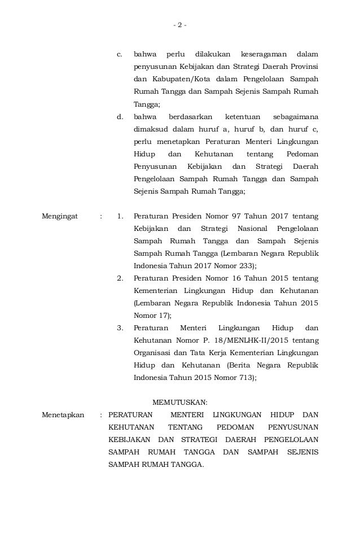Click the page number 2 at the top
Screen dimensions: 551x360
(179, 25)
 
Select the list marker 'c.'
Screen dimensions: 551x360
(120, 54)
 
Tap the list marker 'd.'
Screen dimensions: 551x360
(120, 116)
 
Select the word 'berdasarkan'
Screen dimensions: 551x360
(189, 116)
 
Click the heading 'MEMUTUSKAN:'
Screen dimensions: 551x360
(181, 403)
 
